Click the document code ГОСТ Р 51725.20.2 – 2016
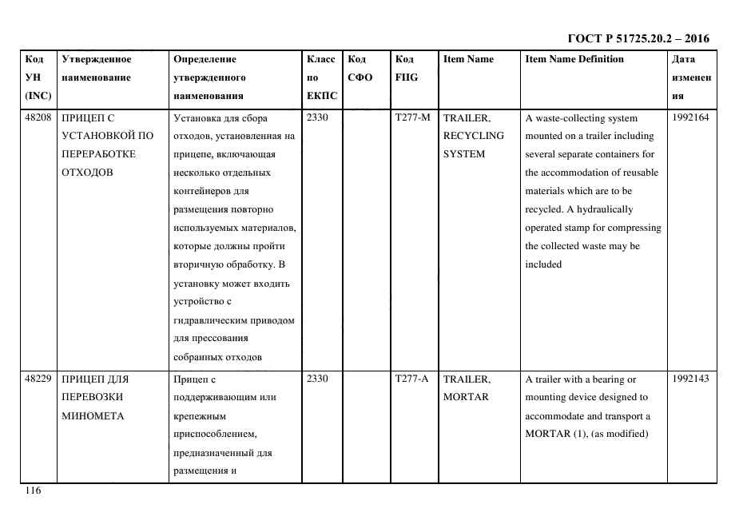coord(638,38)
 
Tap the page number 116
coord(32,490)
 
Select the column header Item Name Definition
coord(574,59)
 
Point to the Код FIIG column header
coord(406,68)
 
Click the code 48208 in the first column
coord(38,118)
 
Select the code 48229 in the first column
coord(38,379)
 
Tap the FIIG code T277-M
coord(412,118)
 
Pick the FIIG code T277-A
coord(412,379)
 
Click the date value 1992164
coord(690,118)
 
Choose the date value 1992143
coord(690,379)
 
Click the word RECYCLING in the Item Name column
coord(473,136)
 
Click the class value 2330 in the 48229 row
coord(317,379)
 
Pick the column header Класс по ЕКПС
coord(321,77)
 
